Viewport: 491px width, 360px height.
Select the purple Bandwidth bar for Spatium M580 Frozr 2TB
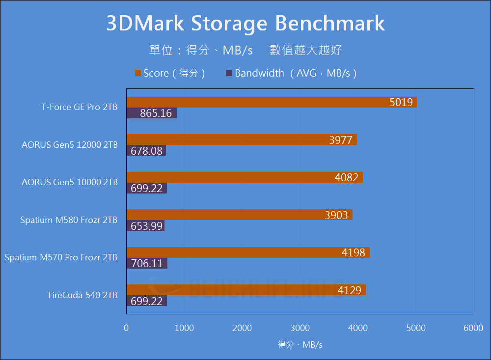(145, 226)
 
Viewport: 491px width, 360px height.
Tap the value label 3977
(341, 140)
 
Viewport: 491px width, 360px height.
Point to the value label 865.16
(156, 113)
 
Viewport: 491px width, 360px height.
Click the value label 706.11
(147, 264)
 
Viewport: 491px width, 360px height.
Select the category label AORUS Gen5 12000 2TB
(70, 145)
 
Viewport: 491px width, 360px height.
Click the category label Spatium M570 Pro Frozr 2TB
(61, 257)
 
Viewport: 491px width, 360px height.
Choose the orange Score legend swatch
(138, 74)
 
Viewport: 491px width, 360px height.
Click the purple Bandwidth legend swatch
(228, 74)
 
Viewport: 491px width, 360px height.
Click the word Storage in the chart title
(229, 24)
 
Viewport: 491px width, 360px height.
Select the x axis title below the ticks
(300, 345)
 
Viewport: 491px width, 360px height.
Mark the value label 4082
(347, 177)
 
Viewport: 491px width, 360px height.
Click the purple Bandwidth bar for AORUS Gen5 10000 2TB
(146, 189)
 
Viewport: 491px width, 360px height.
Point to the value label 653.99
(147, 226)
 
